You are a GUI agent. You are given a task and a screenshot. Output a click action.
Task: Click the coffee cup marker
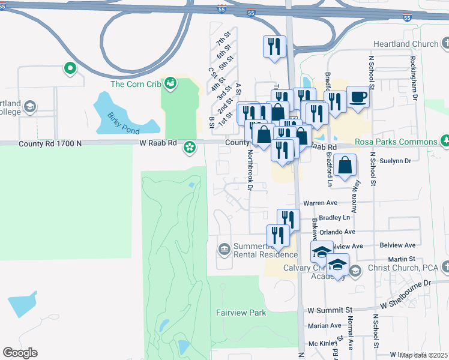[x=358, y=97]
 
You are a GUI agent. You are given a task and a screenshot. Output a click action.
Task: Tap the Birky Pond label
[x=123, y=123]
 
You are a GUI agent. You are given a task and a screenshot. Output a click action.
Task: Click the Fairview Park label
[x=241, y=313]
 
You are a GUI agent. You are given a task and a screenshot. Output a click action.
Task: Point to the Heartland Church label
[x=406, y=44]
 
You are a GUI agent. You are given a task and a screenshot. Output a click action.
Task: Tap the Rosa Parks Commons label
[x=396, y=142]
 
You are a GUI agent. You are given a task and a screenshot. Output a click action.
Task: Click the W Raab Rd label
[x=158, y=143]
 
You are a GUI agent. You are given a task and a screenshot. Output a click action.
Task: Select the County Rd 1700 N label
[x=50, y=143]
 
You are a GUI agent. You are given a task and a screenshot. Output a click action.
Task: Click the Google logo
[x=20, y=353]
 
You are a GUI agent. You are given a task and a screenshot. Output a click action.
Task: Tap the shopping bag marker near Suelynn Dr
[x=346, y=166]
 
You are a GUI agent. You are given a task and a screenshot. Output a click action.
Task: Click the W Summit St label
[x=329, y=310]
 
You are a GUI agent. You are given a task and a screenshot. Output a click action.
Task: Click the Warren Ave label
[x=321, y=203]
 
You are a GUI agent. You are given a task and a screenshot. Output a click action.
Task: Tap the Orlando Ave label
[x=337, y=232]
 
